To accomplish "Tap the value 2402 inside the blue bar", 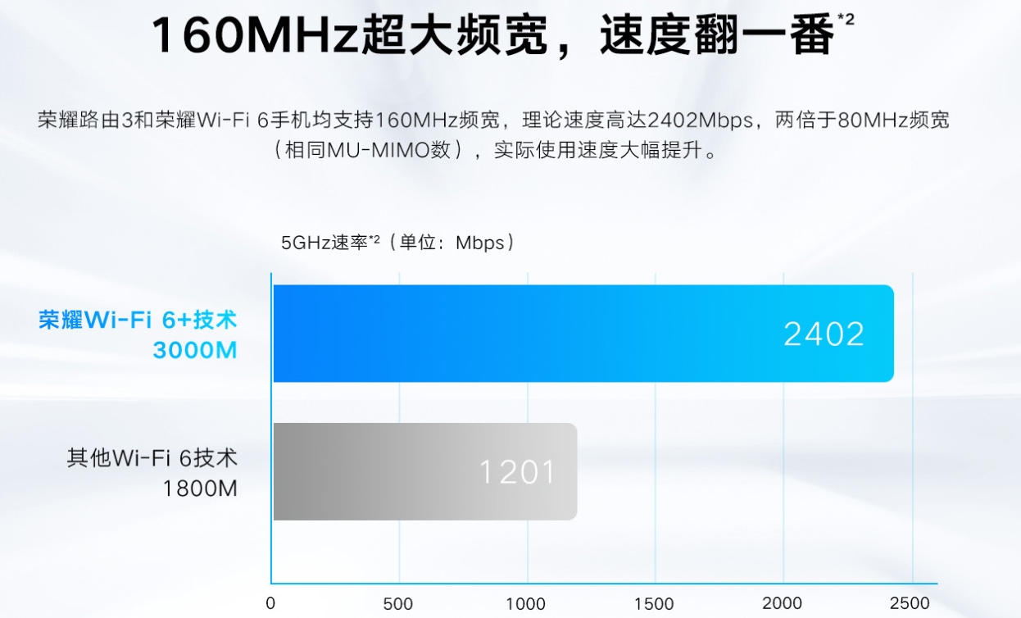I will click(x=824, y=334).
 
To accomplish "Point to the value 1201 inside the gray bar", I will click(x=517, y=472).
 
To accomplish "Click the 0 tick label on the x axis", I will click(x=271, y=604).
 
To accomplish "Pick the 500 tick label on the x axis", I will click(x=398, y=604).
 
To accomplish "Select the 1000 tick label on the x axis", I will click(x=525, y=604).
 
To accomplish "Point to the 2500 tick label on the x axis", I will click(x=909, y=604).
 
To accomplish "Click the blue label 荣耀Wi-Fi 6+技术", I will click(x=138, y=319).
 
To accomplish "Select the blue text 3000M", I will click(x=195, y=351).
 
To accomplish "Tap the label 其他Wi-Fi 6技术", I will click(x=152, y=457).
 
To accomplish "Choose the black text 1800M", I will click(x=200, y=489).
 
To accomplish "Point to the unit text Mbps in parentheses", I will click(x=480, y=243).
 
